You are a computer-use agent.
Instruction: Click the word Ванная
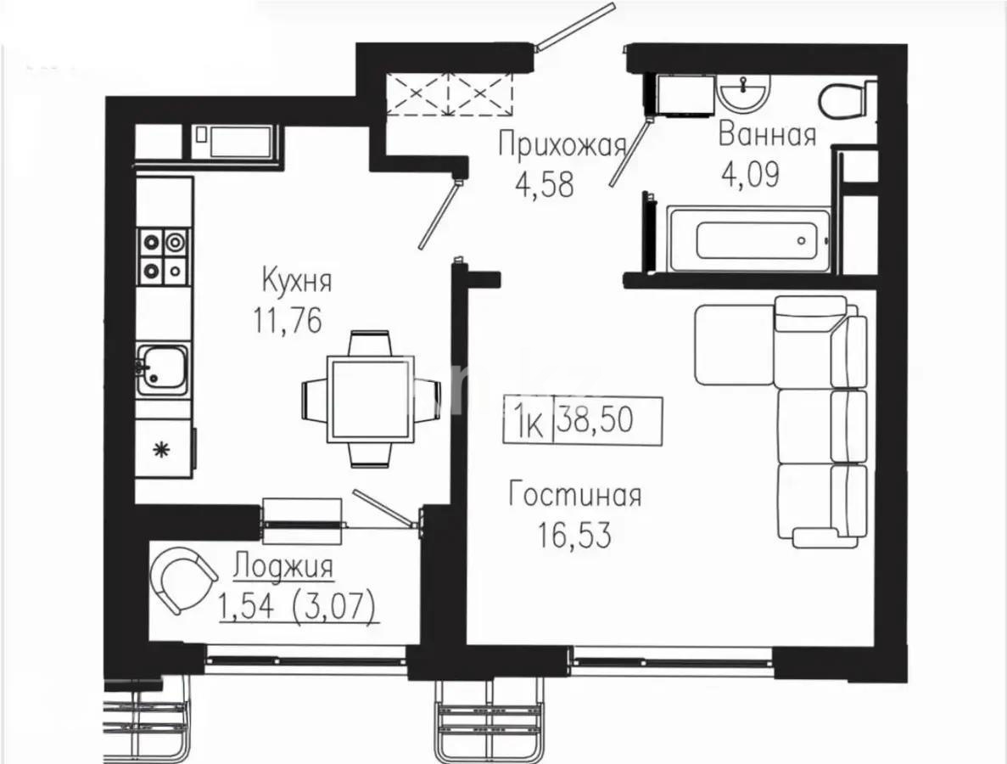767,134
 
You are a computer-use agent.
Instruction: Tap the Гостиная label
574,495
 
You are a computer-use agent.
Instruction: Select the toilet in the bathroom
847,99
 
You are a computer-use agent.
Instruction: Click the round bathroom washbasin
744,89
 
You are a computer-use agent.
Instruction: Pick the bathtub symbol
747,240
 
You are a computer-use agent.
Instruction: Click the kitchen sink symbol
163,369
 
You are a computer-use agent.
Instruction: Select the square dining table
371,398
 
